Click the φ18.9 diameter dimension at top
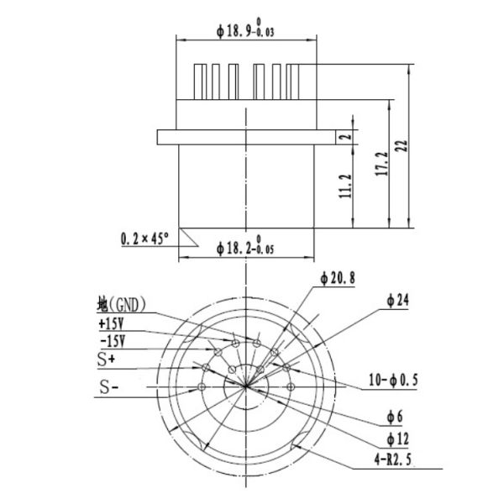tap(246, 30)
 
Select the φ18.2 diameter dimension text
tap(247, 249)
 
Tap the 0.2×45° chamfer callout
tap(144, 239)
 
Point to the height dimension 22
tap(402, 145)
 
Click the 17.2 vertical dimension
tap(382, 165)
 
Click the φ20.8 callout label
tap(335, 276)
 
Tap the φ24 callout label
tap(396, 302)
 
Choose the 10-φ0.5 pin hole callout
tap(393, 381)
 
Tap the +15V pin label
tap(112, 323)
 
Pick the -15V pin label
tap(112, 341)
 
